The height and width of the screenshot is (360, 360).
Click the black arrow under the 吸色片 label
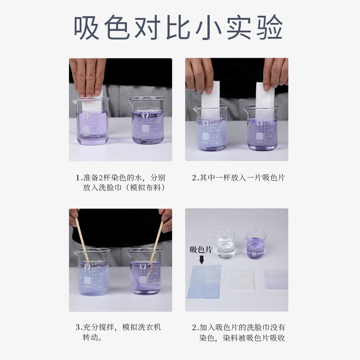pos(202,260)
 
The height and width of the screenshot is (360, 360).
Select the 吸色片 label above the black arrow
pos(201,250)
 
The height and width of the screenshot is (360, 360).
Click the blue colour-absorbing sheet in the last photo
pos(204,282)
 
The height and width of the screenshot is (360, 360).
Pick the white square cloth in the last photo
pos(242,280)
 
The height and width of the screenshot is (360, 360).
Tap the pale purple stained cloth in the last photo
pos(275,279)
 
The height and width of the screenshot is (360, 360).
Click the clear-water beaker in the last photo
pos(224,245)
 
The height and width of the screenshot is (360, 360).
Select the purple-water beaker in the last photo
pos(255,245)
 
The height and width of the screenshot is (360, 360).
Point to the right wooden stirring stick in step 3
pos(156,243)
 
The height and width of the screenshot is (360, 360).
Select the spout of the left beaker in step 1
pos(75,101)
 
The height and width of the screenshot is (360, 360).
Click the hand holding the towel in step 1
pos(87,77)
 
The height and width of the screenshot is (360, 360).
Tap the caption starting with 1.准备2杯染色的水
pos(121,183)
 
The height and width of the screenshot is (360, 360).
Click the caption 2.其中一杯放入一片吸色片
pos(238,178)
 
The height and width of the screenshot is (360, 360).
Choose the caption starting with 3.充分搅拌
pos(118,332)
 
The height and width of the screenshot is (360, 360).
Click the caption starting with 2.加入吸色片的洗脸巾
pos(238,332)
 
